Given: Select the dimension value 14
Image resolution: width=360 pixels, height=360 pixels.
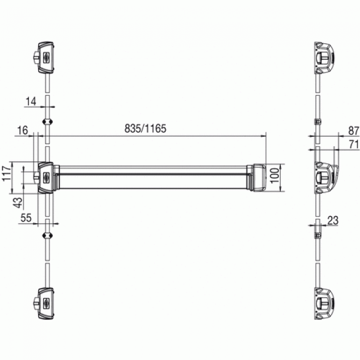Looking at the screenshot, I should [30, 101].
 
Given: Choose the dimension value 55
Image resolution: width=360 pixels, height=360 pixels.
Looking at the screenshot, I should [26, 219].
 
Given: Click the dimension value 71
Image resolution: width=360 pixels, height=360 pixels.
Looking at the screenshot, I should [352, 144].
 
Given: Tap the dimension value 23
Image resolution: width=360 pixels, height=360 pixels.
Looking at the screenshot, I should [332, 220].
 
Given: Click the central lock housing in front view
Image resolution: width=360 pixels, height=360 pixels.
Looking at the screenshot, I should [45, 178].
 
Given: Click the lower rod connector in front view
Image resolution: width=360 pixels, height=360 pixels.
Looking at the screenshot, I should [48, 235].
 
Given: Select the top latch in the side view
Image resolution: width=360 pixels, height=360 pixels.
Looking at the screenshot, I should [323, 56].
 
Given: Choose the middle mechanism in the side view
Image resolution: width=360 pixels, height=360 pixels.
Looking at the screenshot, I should [325, 178].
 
